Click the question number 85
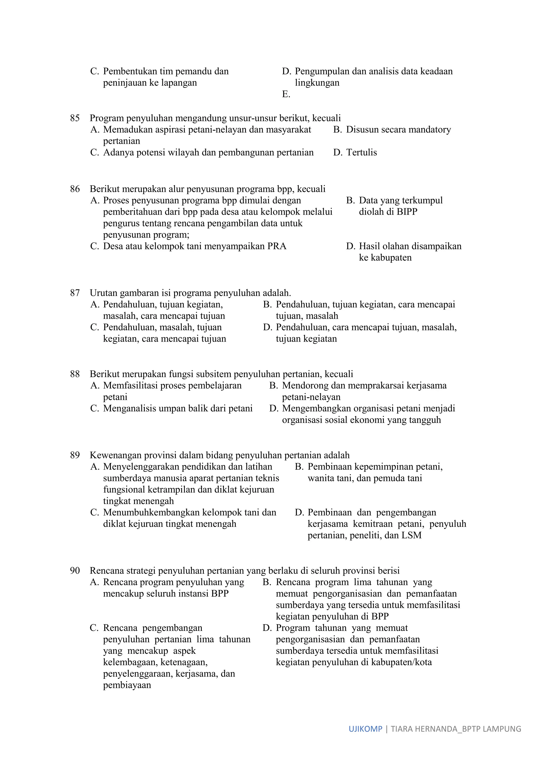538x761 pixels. pos(75,118)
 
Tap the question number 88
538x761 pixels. pos(75,374)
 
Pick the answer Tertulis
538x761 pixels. pos(361,152)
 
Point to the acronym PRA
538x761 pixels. pos(277,246)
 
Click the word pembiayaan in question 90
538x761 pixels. pos(127,685)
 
